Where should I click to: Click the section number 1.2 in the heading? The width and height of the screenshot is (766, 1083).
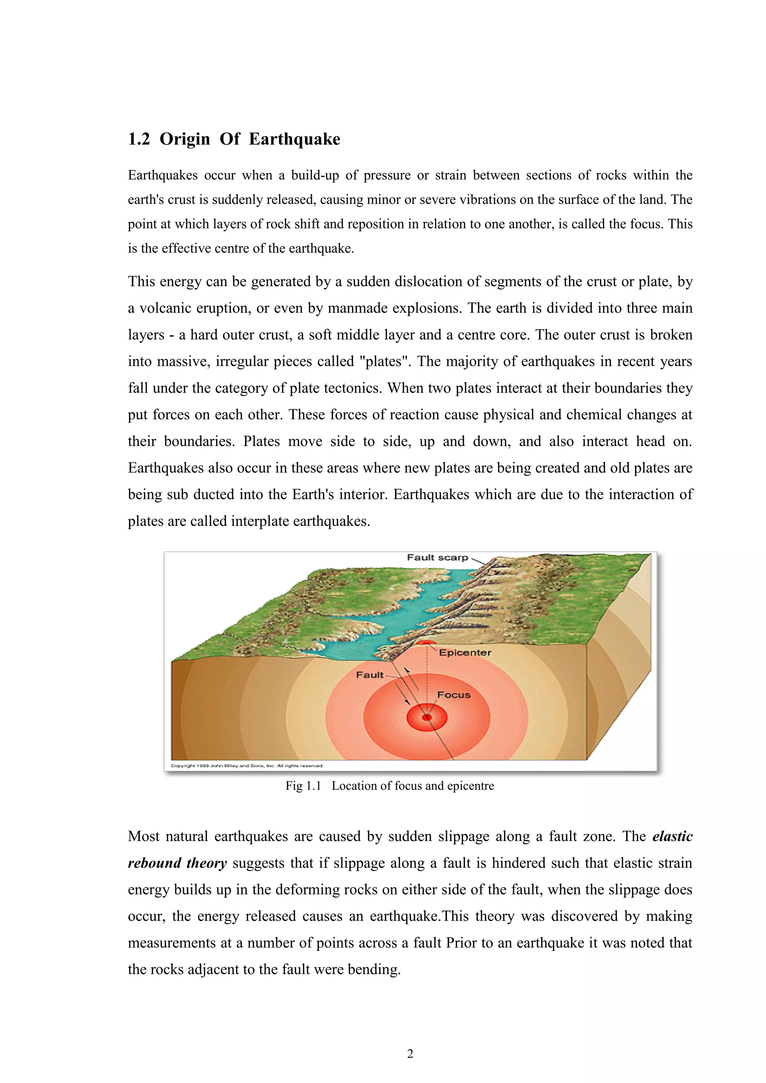(x=139, y=139)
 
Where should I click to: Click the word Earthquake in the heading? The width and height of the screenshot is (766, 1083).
(x=294, y=139)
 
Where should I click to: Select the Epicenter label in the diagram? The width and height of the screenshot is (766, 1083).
(x=465, y=653)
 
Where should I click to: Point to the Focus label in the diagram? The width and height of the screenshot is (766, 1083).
(x=454, y=695)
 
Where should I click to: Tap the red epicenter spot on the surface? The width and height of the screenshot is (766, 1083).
(x=426, y=642)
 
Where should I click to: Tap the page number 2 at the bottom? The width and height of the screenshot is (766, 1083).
(x=410, y=1054)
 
